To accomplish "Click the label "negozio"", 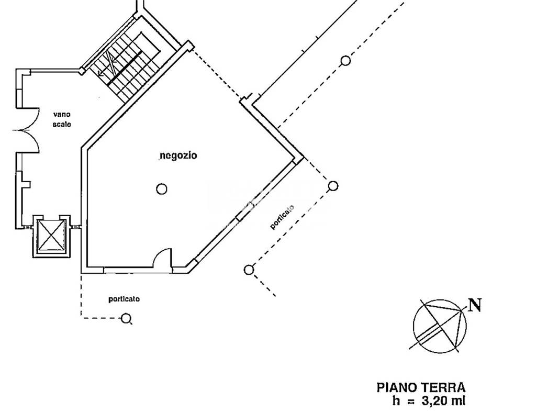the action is (x=178, y=155).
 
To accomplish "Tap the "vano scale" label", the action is (x=62, y=119).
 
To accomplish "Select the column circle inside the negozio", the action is (x=162, y=189).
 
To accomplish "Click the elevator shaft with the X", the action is (x=52, y=236).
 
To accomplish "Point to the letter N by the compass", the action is (x=475, y=305).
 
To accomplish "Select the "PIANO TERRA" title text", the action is (x=421, y=388).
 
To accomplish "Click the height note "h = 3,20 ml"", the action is (x=429, y=400).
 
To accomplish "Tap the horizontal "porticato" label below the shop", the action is (x=124, y=299).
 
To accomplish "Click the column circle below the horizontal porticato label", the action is (x=126, y=319).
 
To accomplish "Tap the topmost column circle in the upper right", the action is (x=346, y=61).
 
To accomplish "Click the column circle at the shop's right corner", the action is (x=333, y=186).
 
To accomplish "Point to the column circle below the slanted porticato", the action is (x=249, y=270).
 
